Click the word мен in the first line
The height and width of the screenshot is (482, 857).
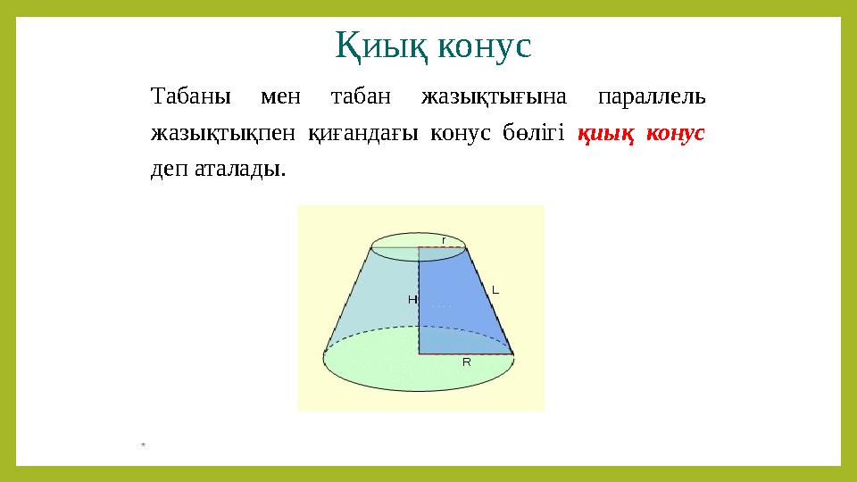tap(290, 95)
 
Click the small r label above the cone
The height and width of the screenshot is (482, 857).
tap(444, 240)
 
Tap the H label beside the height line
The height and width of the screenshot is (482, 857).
tap(412, 300)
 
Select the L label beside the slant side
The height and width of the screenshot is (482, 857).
tap(495, 290)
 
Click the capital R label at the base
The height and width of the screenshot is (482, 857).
tap(466, 362)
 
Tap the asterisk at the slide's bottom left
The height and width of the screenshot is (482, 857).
tap(143, 444)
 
